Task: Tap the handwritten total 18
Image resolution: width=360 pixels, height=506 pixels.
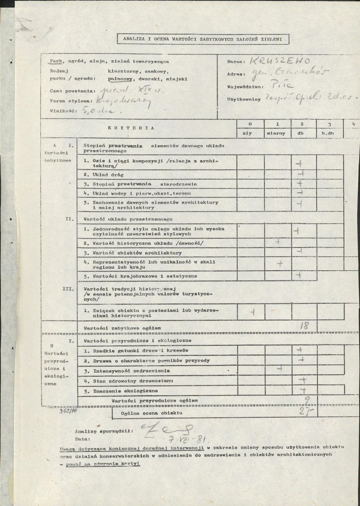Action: click(x=304, y=326)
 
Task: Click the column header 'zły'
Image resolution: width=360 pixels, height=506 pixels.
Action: click(x=250, y=133)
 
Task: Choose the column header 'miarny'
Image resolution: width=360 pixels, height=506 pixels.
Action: click(x=277, y=133)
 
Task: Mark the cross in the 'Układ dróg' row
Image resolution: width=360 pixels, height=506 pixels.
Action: click(x=300, y=174)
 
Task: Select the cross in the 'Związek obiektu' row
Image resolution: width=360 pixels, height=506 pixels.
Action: click(x=252, y=312)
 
